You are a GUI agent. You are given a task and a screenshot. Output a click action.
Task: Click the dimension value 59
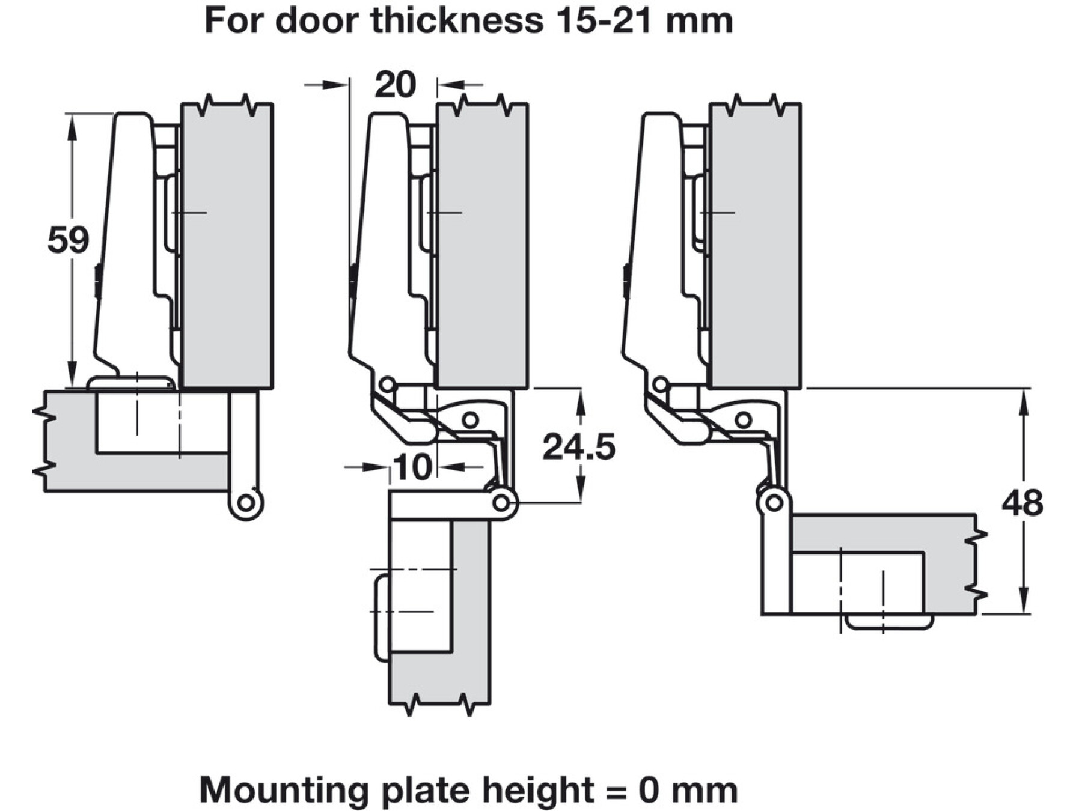68,239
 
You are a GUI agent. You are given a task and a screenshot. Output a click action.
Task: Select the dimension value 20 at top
394,84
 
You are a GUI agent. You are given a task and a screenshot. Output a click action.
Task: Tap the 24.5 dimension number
579,447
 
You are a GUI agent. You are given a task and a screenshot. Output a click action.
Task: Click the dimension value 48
1022,503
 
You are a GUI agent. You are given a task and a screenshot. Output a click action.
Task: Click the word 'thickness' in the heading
457,20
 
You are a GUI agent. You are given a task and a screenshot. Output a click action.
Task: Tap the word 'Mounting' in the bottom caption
284,790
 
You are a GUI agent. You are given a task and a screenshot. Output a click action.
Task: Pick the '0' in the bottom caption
649,791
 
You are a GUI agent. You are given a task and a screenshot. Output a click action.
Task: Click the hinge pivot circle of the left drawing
246,502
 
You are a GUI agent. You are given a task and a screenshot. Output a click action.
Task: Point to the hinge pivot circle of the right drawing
774,502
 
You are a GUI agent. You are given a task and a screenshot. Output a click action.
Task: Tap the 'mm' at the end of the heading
699,23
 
